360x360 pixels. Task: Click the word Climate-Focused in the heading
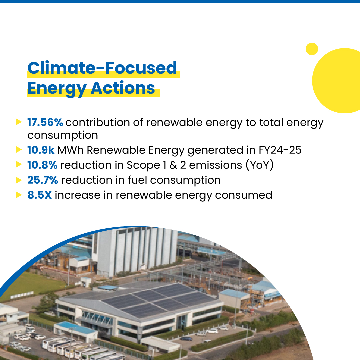click(102, 68)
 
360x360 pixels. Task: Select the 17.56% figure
click(45, 123)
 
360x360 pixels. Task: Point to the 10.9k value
click(41, 150)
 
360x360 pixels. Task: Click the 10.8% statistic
click(42, 165)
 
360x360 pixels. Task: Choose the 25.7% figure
click(43, 180)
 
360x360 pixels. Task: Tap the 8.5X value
click(39, 195)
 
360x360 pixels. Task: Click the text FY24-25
click(280, 150)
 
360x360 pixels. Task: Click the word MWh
click(70, 150)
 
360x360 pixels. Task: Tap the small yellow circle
click(312, 49)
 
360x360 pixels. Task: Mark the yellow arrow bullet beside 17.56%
click(19, 122)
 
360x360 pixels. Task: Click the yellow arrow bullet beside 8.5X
click(19, 195)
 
